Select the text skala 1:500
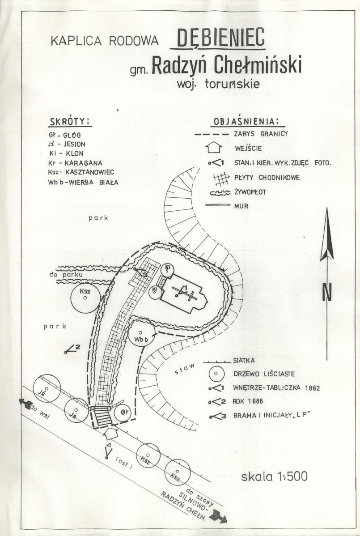274,476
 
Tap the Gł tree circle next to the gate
122,413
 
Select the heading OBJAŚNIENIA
246,121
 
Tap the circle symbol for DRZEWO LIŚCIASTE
216,373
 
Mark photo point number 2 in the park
72,349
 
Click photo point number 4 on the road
107,452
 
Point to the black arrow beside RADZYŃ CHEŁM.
220,517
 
